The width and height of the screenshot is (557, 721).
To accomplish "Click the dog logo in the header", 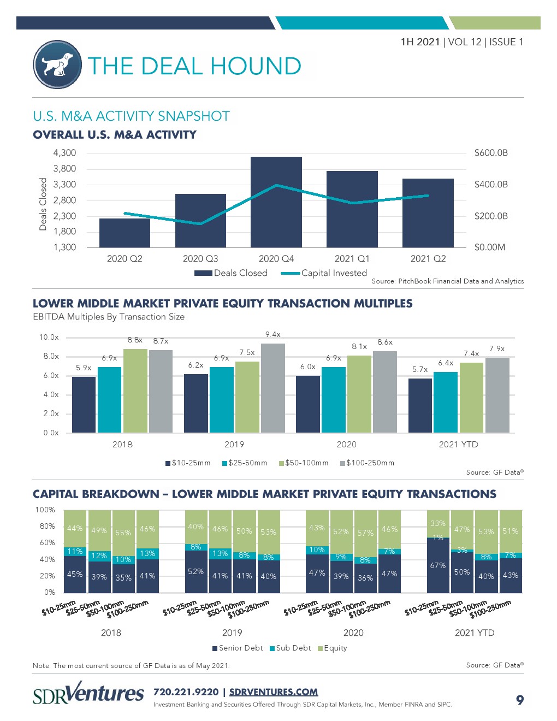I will point(57,64).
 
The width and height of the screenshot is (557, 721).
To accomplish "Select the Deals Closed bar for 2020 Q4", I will point(276,202).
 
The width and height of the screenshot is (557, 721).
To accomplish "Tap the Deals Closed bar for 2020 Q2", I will point(125,233).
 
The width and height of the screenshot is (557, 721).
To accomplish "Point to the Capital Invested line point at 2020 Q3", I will point(200,223).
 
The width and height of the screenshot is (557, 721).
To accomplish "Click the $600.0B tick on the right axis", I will point(491,153).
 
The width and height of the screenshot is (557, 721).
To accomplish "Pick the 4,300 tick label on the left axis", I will point(64,153).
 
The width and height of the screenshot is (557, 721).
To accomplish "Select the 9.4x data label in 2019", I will point(273,334).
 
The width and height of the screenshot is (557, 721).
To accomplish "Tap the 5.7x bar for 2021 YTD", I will point(420,405).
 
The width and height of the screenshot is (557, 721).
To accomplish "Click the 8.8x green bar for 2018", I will point(135,391).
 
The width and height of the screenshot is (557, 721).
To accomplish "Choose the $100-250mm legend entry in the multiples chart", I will point(367,463).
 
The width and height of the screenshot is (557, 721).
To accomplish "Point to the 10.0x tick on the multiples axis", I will point(49,338).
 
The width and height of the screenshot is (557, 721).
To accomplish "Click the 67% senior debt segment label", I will point(438,565).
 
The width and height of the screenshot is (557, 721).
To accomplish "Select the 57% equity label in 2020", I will point(365,533).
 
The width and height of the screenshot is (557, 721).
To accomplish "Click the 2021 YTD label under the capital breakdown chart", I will point(475,633).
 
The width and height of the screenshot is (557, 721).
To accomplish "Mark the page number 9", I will point(520,700).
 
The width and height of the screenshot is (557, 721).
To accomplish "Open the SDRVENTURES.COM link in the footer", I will point(274,692).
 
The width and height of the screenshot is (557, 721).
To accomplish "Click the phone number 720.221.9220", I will point(186,692).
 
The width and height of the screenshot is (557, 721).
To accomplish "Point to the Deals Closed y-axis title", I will point(43,204).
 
